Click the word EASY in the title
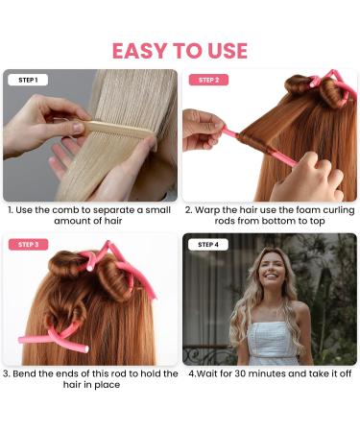pyautogui.click(x=143, y=50)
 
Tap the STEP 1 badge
pyautogui.click(x=28, y=81)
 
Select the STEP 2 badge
pyautogui.click(x=208, y=81)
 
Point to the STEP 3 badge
pyautogui.click(x=28, y=245)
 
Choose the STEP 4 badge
pyautogui.click(x=208, y=245)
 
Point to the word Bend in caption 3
pyautogui.click(x=28, y=374)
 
